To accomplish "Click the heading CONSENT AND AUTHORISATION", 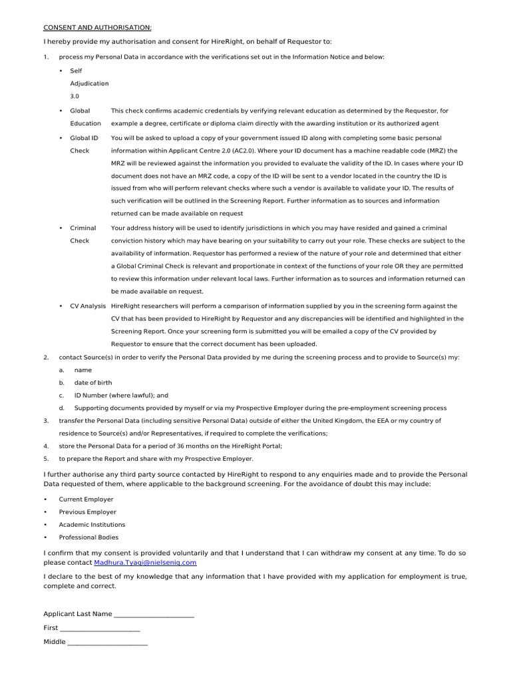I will point(97,27).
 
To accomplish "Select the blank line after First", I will point(100,628).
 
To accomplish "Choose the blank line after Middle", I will point(107,642).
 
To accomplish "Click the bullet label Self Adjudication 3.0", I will point(89,83).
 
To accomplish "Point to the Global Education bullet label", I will point(85,117).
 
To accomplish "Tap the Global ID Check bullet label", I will point(84,144).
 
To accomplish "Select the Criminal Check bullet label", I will point(83,234).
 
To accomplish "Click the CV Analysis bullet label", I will point(88,306).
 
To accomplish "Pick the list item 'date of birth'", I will point(93,383).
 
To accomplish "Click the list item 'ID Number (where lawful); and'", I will point(121,395).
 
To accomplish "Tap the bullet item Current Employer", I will point(86,499).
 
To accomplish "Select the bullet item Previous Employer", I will point(87,511).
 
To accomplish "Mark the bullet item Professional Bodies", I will point(88,537).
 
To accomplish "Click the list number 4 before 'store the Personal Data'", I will point(46,446).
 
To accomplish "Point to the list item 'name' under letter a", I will point(83,370).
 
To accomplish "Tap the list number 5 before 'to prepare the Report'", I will point(46,458).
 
